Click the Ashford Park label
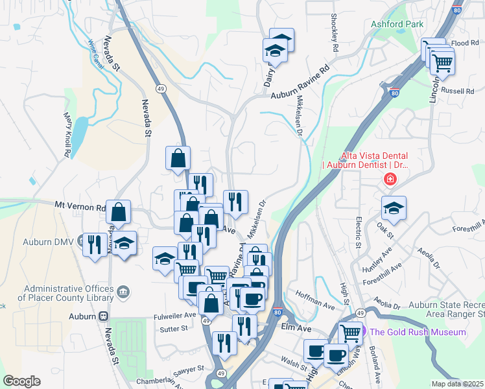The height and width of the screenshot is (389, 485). click(x=397, y=24)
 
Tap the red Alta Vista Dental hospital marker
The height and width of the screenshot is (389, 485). click(x=390, y=180)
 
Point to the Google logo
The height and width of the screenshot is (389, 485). click(x=21, y=381)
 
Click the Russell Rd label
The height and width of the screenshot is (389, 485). click(x=457, y=91)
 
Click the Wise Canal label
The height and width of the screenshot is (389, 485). click(x=95, y=54)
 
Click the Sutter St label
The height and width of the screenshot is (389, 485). click(x=174, y=328)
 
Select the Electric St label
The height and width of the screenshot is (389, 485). click(x=357, y=231)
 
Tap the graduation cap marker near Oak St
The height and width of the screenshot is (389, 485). click(x=394, y=207)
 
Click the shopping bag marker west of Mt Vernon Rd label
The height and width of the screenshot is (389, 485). click(x=119, y=211)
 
